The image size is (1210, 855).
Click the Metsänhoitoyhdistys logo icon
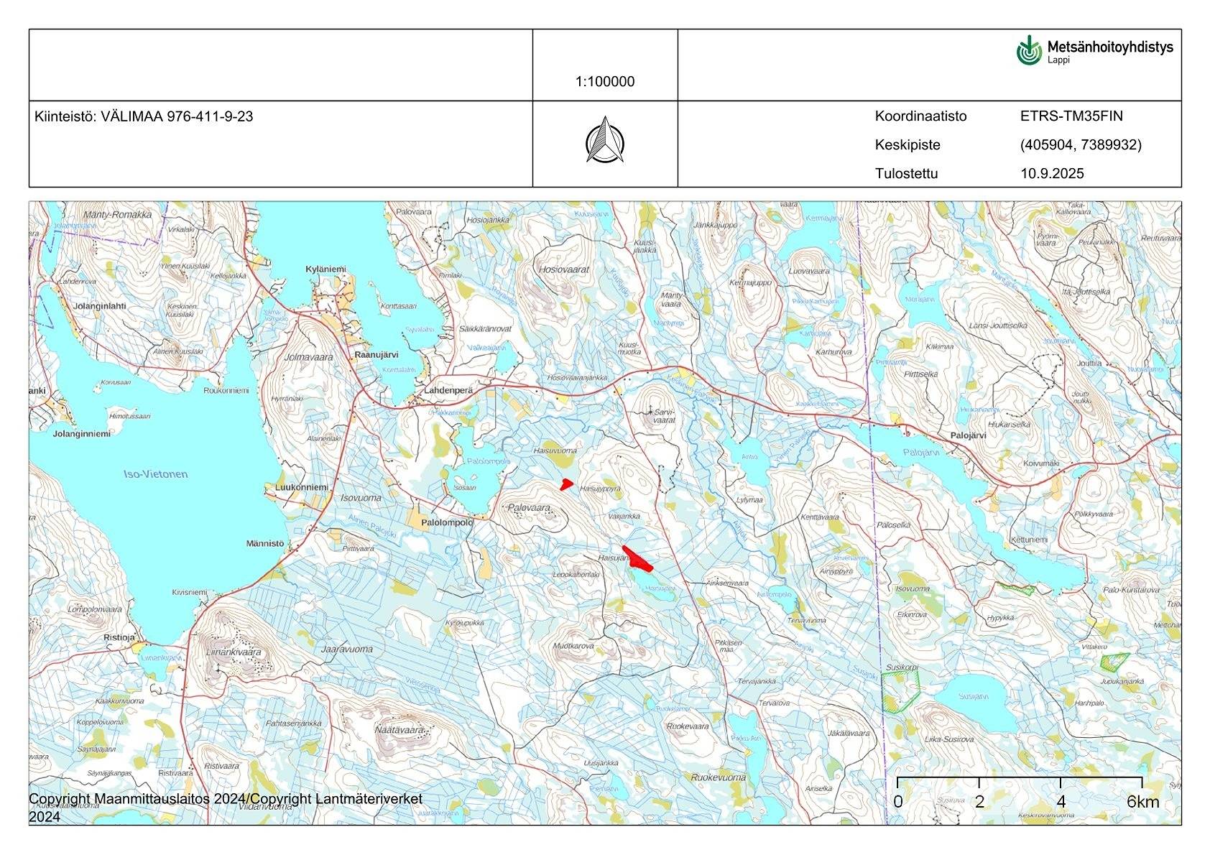1029,50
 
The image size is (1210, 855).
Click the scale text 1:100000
604,82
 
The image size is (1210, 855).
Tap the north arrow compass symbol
604,140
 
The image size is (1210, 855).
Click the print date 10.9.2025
1051,173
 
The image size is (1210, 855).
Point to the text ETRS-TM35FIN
1071,116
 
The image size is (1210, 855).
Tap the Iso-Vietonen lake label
156,474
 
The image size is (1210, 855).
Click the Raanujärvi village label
377,355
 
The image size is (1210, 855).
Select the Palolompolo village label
447,522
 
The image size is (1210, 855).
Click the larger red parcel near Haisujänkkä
638,559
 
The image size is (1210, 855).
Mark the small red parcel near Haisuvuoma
566,484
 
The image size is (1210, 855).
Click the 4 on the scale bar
1061,802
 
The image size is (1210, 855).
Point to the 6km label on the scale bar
1142,802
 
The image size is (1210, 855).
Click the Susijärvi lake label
974,697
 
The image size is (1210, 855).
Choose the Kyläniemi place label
325,269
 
